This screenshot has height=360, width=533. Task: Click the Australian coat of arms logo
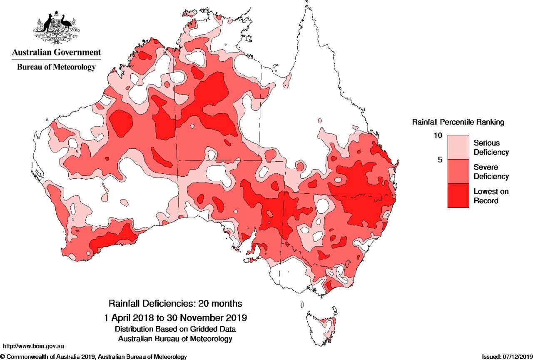(56, 28)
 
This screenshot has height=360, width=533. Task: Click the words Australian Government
(56, 52)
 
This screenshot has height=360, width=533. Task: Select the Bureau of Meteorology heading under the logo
(56, 67)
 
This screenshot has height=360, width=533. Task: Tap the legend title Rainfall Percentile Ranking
(458, 122)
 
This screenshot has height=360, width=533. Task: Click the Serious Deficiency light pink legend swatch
(458, 147)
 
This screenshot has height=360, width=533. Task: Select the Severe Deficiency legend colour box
(458, 172)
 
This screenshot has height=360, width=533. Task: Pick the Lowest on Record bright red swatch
(458, 195)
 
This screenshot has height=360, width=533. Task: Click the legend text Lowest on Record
(491, 196)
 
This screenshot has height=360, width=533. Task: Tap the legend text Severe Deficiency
(491, 172)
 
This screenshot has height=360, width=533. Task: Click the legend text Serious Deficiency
(491, 147)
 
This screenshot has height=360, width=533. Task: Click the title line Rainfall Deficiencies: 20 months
(175, 302)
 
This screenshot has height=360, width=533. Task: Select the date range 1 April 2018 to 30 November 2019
(175, 317)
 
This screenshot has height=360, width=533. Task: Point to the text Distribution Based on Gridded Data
(175, 329)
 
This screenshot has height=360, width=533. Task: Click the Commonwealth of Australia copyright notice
(93, 357)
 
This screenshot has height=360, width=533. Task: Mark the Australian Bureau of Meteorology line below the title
(175, 339)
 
